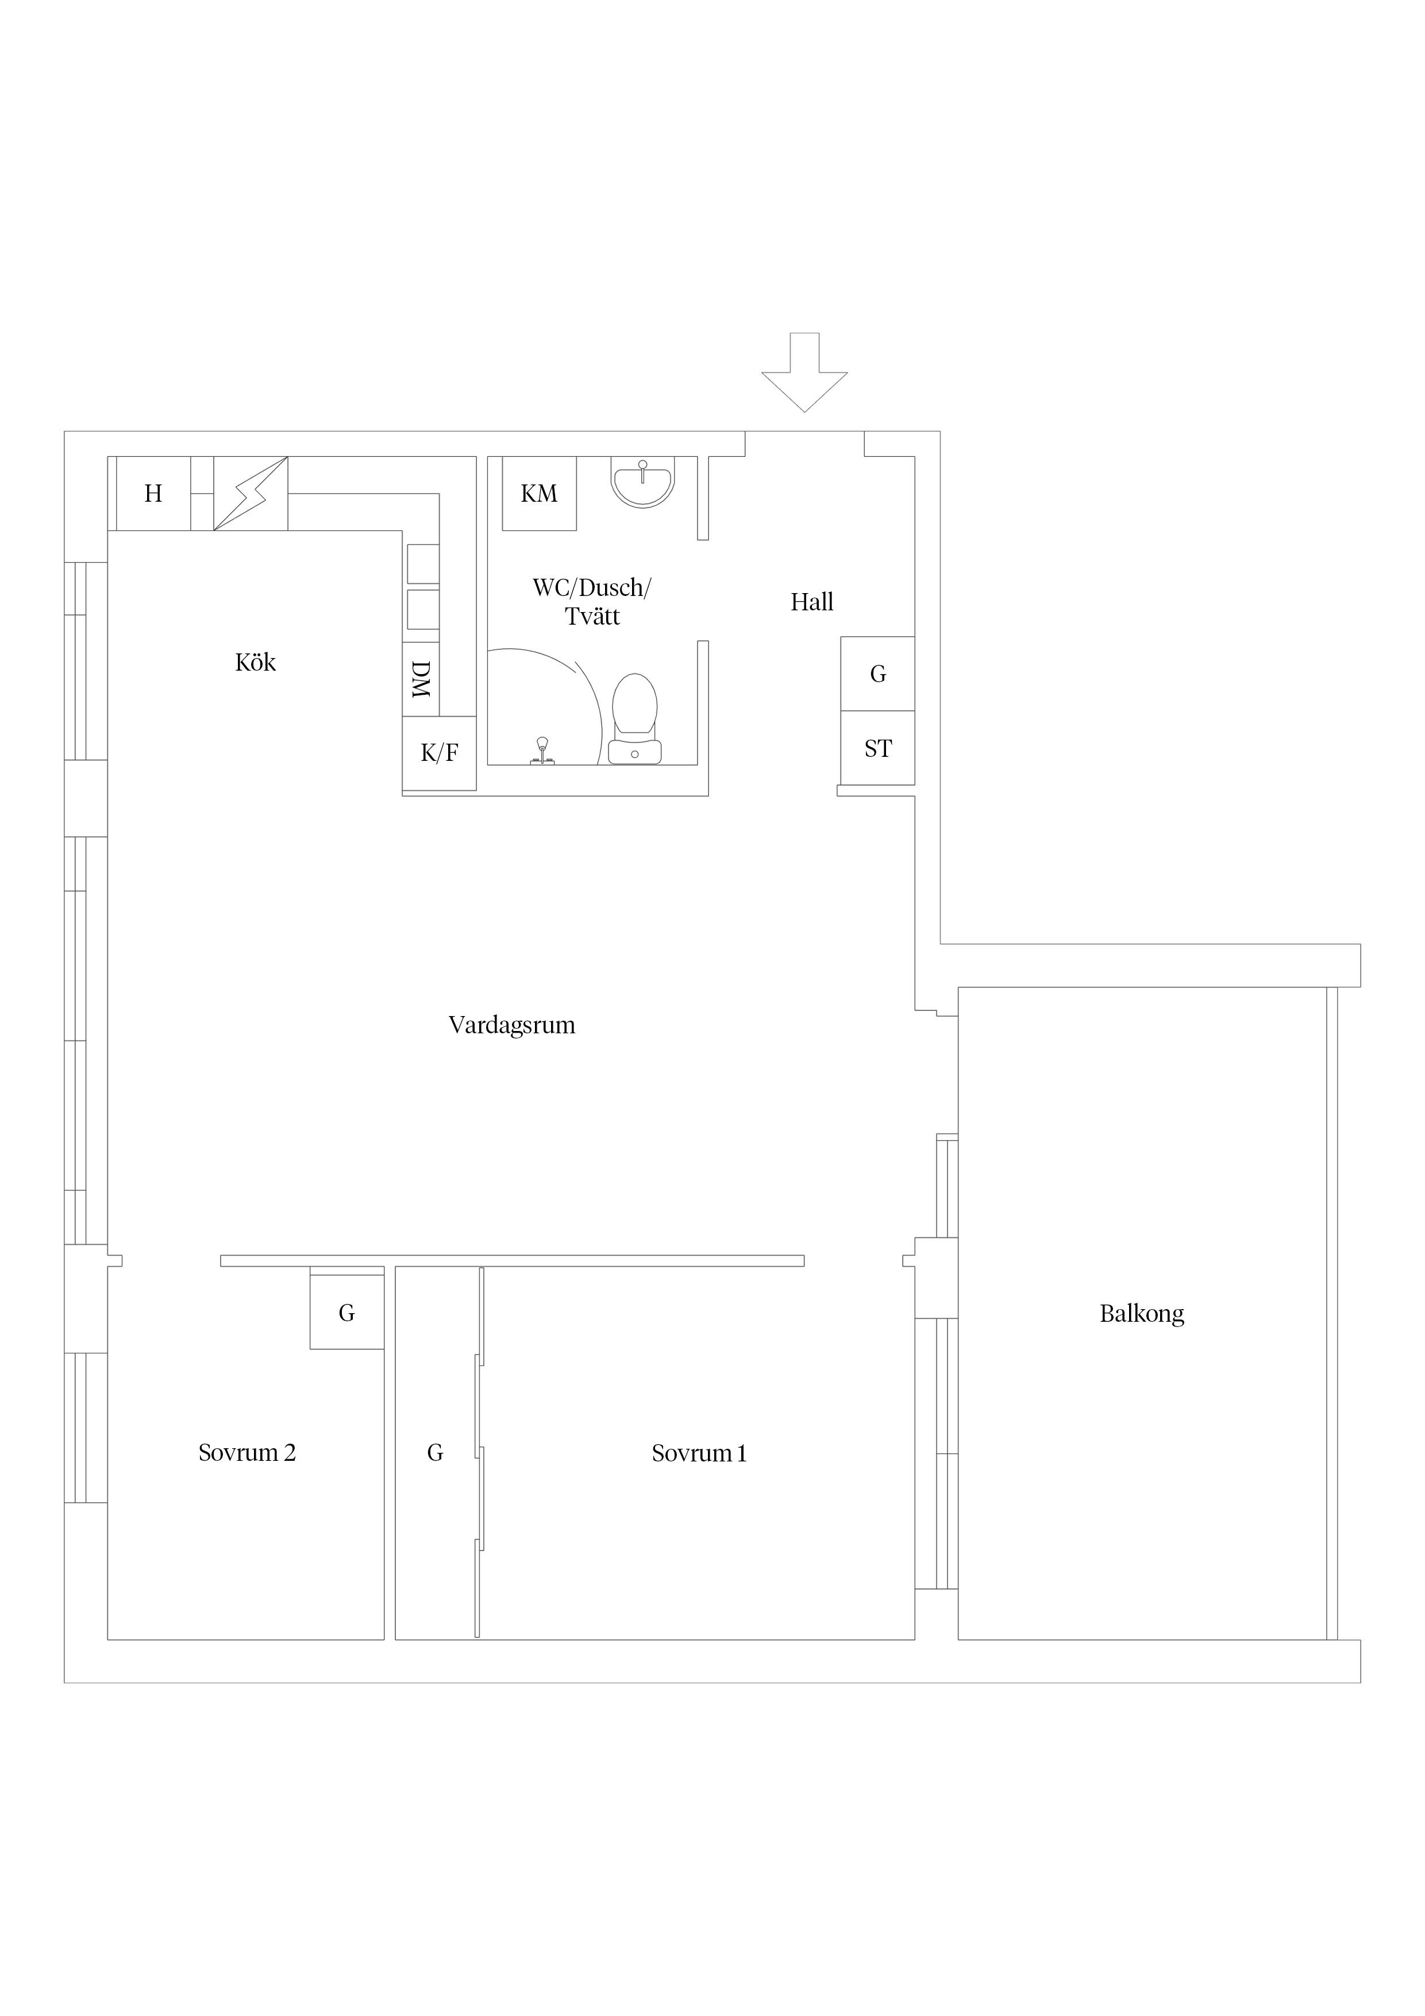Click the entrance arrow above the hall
tap(804, 372)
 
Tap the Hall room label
tap(811, 602)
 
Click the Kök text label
tap(256, 662)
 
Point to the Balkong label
tap(1141, 1314)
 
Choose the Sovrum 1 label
tap(699, 1453)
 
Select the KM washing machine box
tap(539, 494)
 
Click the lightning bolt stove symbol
tap(251, 494)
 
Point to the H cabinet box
tap(153, 494)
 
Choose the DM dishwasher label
tap(421, 680)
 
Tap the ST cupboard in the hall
tap(878, 748)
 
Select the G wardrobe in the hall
tap(878, 674)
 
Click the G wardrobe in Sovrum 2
tap(347, 1312)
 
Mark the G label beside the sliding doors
tap(434, 1453)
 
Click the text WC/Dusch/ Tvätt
tap(592, 602)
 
